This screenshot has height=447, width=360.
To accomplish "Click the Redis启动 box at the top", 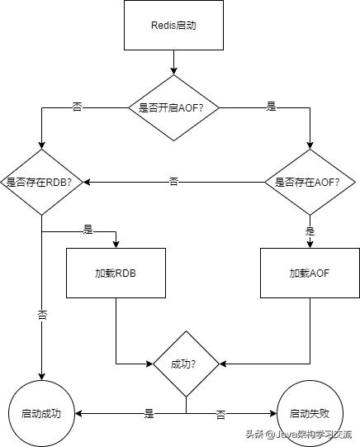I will coord(173,25).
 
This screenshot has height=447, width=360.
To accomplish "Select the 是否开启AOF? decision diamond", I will coord(173,107).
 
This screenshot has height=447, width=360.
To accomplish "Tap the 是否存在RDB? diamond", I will coord(41,182).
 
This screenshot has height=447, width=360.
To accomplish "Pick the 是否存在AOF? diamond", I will coord(309,182).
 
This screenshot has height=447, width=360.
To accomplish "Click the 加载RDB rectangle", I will coord(116,273).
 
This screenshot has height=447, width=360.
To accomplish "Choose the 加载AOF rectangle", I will coord(309,273).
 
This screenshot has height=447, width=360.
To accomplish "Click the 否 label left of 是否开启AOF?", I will coord(78,107).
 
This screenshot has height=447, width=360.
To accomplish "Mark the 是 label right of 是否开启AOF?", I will coord(272,107).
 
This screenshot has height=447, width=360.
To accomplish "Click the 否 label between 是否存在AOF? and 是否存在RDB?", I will coord(173,181).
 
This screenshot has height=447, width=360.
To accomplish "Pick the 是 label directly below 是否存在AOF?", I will coord(310,231).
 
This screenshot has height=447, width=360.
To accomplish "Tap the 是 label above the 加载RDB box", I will coord(88,229).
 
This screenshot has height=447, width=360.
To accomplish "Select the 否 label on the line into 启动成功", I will coord(42,315).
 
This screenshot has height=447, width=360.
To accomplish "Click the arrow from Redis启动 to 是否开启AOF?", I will coord(173,63).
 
